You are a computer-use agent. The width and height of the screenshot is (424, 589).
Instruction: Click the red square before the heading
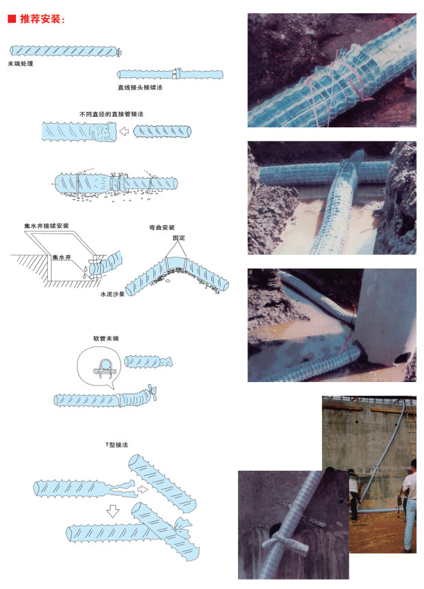coord(12,18)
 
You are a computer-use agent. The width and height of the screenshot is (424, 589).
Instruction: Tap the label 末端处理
coord(21,64)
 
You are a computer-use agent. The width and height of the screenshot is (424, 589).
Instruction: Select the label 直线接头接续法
coord(140,87)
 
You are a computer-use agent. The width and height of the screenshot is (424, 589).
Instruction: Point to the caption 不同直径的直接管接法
coord(111,114)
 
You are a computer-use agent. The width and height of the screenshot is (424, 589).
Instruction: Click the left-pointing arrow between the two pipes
coord(124,131)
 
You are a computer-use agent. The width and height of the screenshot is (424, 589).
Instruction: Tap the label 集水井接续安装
coord(47,225)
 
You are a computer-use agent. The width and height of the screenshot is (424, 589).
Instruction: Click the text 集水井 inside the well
coord(62,258)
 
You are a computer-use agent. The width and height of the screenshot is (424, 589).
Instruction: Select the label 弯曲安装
coord(161,228)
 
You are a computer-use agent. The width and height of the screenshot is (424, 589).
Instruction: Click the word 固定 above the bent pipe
coord(178,238)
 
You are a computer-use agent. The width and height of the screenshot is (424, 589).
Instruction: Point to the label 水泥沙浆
coord(112,294)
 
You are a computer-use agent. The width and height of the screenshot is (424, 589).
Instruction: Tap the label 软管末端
coord(106,338)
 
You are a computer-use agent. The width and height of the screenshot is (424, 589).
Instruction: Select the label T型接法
coord(116,445)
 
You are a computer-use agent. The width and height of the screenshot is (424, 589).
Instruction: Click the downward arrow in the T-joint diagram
coord(113,511)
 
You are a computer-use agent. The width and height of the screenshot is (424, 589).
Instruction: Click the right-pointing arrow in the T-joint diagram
coord(142,489)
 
